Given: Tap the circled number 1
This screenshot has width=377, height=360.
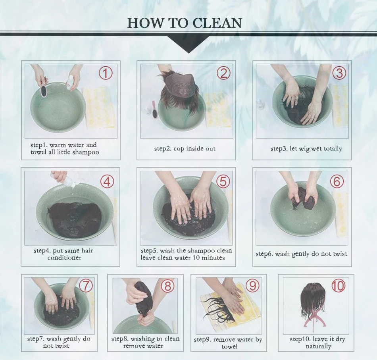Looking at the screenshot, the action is (106, 73).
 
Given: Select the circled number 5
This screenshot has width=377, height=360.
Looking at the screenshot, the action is (223, 181).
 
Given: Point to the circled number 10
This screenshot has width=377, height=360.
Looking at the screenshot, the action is (338, 286).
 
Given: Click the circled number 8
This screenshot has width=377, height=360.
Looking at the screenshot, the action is (167, 286).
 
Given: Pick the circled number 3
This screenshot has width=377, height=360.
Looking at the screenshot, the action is (339, 73).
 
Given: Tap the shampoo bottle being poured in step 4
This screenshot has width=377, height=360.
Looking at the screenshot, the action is (63, 179).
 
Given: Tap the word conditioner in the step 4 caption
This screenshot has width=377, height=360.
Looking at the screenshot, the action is (64, 258).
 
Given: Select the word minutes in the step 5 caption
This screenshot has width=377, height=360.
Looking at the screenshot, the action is (214, 258).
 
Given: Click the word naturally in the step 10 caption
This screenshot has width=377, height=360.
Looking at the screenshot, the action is (318, 346).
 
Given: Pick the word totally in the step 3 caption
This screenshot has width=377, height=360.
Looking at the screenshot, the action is (333, 148).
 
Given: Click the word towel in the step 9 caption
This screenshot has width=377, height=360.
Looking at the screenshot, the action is (229, 347).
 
